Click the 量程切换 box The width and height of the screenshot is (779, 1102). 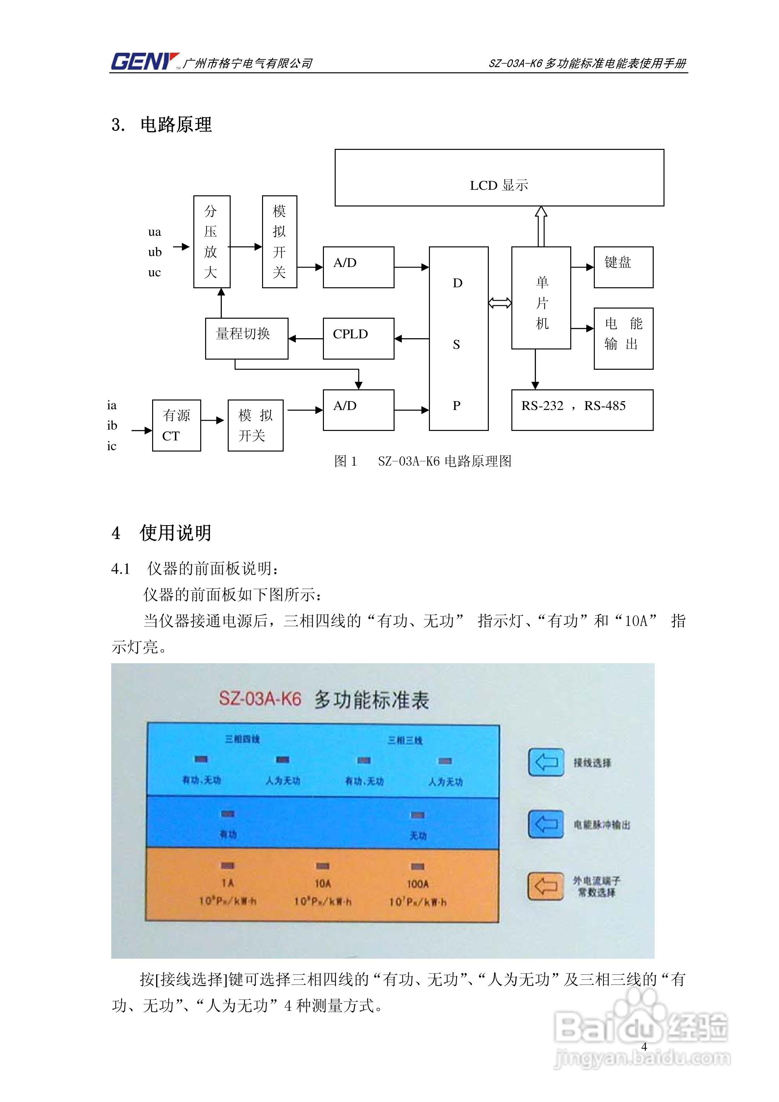[246, 338]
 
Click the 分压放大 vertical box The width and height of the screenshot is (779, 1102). [212, 241]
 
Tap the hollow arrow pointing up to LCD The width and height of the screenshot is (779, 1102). [541, 225]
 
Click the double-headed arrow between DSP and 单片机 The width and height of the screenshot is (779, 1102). [500, 303]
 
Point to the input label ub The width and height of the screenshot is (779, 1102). [154, 252]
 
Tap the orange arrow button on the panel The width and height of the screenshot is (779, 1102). [546, 885]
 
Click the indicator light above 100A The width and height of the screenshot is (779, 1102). [417, 866]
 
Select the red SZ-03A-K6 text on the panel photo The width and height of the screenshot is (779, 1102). [260, 698]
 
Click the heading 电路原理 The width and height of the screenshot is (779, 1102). [176, 124]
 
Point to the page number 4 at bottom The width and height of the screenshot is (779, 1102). [644, 1046]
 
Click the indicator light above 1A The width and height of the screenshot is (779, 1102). [227, 865]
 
